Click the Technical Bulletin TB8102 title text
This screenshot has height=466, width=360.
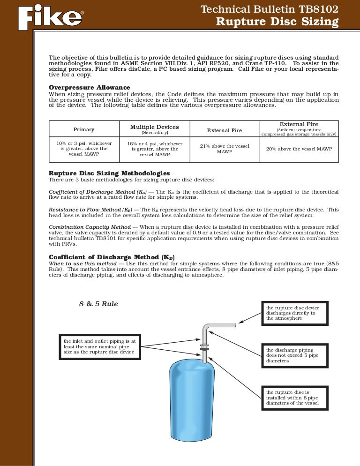[269, 9]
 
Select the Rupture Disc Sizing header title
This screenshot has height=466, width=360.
[277, 22]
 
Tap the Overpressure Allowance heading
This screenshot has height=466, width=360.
[90, 87]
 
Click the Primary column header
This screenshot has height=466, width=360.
[84, 129]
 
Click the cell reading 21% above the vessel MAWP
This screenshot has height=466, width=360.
[225, 149]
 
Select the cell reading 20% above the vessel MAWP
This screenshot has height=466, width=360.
[299, 149]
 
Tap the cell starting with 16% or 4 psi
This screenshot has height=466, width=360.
[154, 149]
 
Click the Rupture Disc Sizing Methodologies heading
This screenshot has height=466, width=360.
[109, 173]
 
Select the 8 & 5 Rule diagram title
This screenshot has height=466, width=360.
[98, 304]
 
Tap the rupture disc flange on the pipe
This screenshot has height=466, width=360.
[204, 347]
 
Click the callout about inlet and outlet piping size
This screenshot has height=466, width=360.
[100, 347]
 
